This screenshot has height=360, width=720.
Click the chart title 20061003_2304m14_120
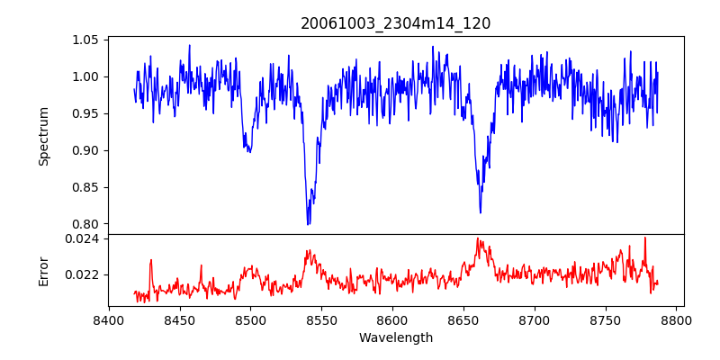pos(395,23)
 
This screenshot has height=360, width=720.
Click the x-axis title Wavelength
pos(395,337)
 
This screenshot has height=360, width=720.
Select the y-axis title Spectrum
pos(44,136)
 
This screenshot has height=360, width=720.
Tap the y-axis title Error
pos(44,269)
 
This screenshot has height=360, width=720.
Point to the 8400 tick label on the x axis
pos(108,319)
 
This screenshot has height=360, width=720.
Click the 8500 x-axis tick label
pos(250,319)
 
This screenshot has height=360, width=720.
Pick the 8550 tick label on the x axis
pos(321,319)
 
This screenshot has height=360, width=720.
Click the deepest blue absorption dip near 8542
pos(308,223)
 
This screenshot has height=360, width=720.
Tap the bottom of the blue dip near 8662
pos(480,212)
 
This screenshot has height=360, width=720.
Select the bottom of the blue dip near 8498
pos(248,151)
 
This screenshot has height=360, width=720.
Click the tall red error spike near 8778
pos(644,238)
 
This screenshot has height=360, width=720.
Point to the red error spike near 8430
pos(151,261)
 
